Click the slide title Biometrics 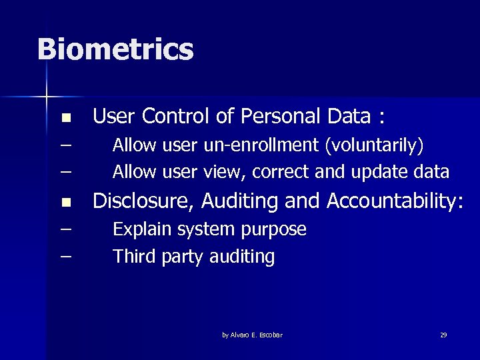click(x=115, y=50)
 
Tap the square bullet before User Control click(x=65, y=119)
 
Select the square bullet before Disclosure click(x=65, y=201)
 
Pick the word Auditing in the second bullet click(x=247, y=200)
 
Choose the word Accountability click(x=393, y=200)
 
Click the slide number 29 click(x=443, y=335)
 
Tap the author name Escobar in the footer click(x=270, y=335)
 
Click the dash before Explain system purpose click(x=65, y=229)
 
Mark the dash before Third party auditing click(x=65, y=256)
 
